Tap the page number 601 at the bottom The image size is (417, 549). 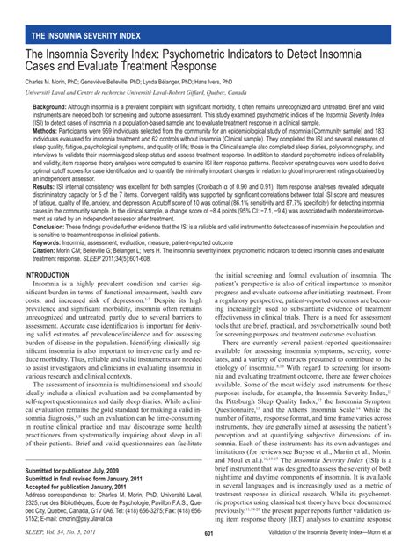click(208, 534)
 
